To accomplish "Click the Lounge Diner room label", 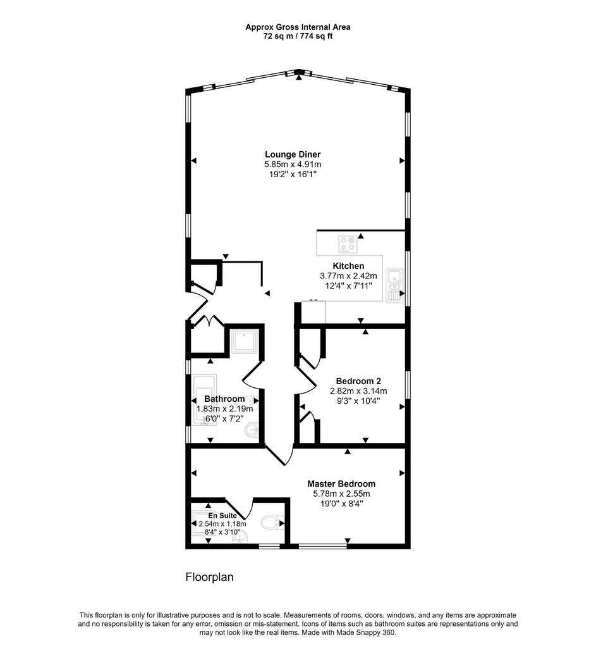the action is tap(293, 154).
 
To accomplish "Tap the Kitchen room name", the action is tap(348, 266).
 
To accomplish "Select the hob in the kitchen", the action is tap(348, 244).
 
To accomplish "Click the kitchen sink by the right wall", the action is tap(394, 285).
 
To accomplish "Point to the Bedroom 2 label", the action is tap(358, 381).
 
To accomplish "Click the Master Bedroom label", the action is tap(341, 484).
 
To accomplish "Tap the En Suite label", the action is tap(222, 516).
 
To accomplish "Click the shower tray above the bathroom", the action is tap(245, 341).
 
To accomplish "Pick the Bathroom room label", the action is tap(224, 399).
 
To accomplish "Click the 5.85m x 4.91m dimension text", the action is tap(293, 165).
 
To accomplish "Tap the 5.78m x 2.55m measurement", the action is tap(341, 494).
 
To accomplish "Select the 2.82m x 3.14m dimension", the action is tap(358, 391).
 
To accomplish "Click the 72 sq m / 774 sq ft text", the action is tap(298, 36).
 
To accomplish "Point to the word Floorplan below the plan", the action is tap(209, 577).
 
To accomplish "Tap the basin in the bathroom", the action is tap(252, 430).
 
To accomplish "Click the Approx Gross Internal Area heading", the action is tap(298, 27).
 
